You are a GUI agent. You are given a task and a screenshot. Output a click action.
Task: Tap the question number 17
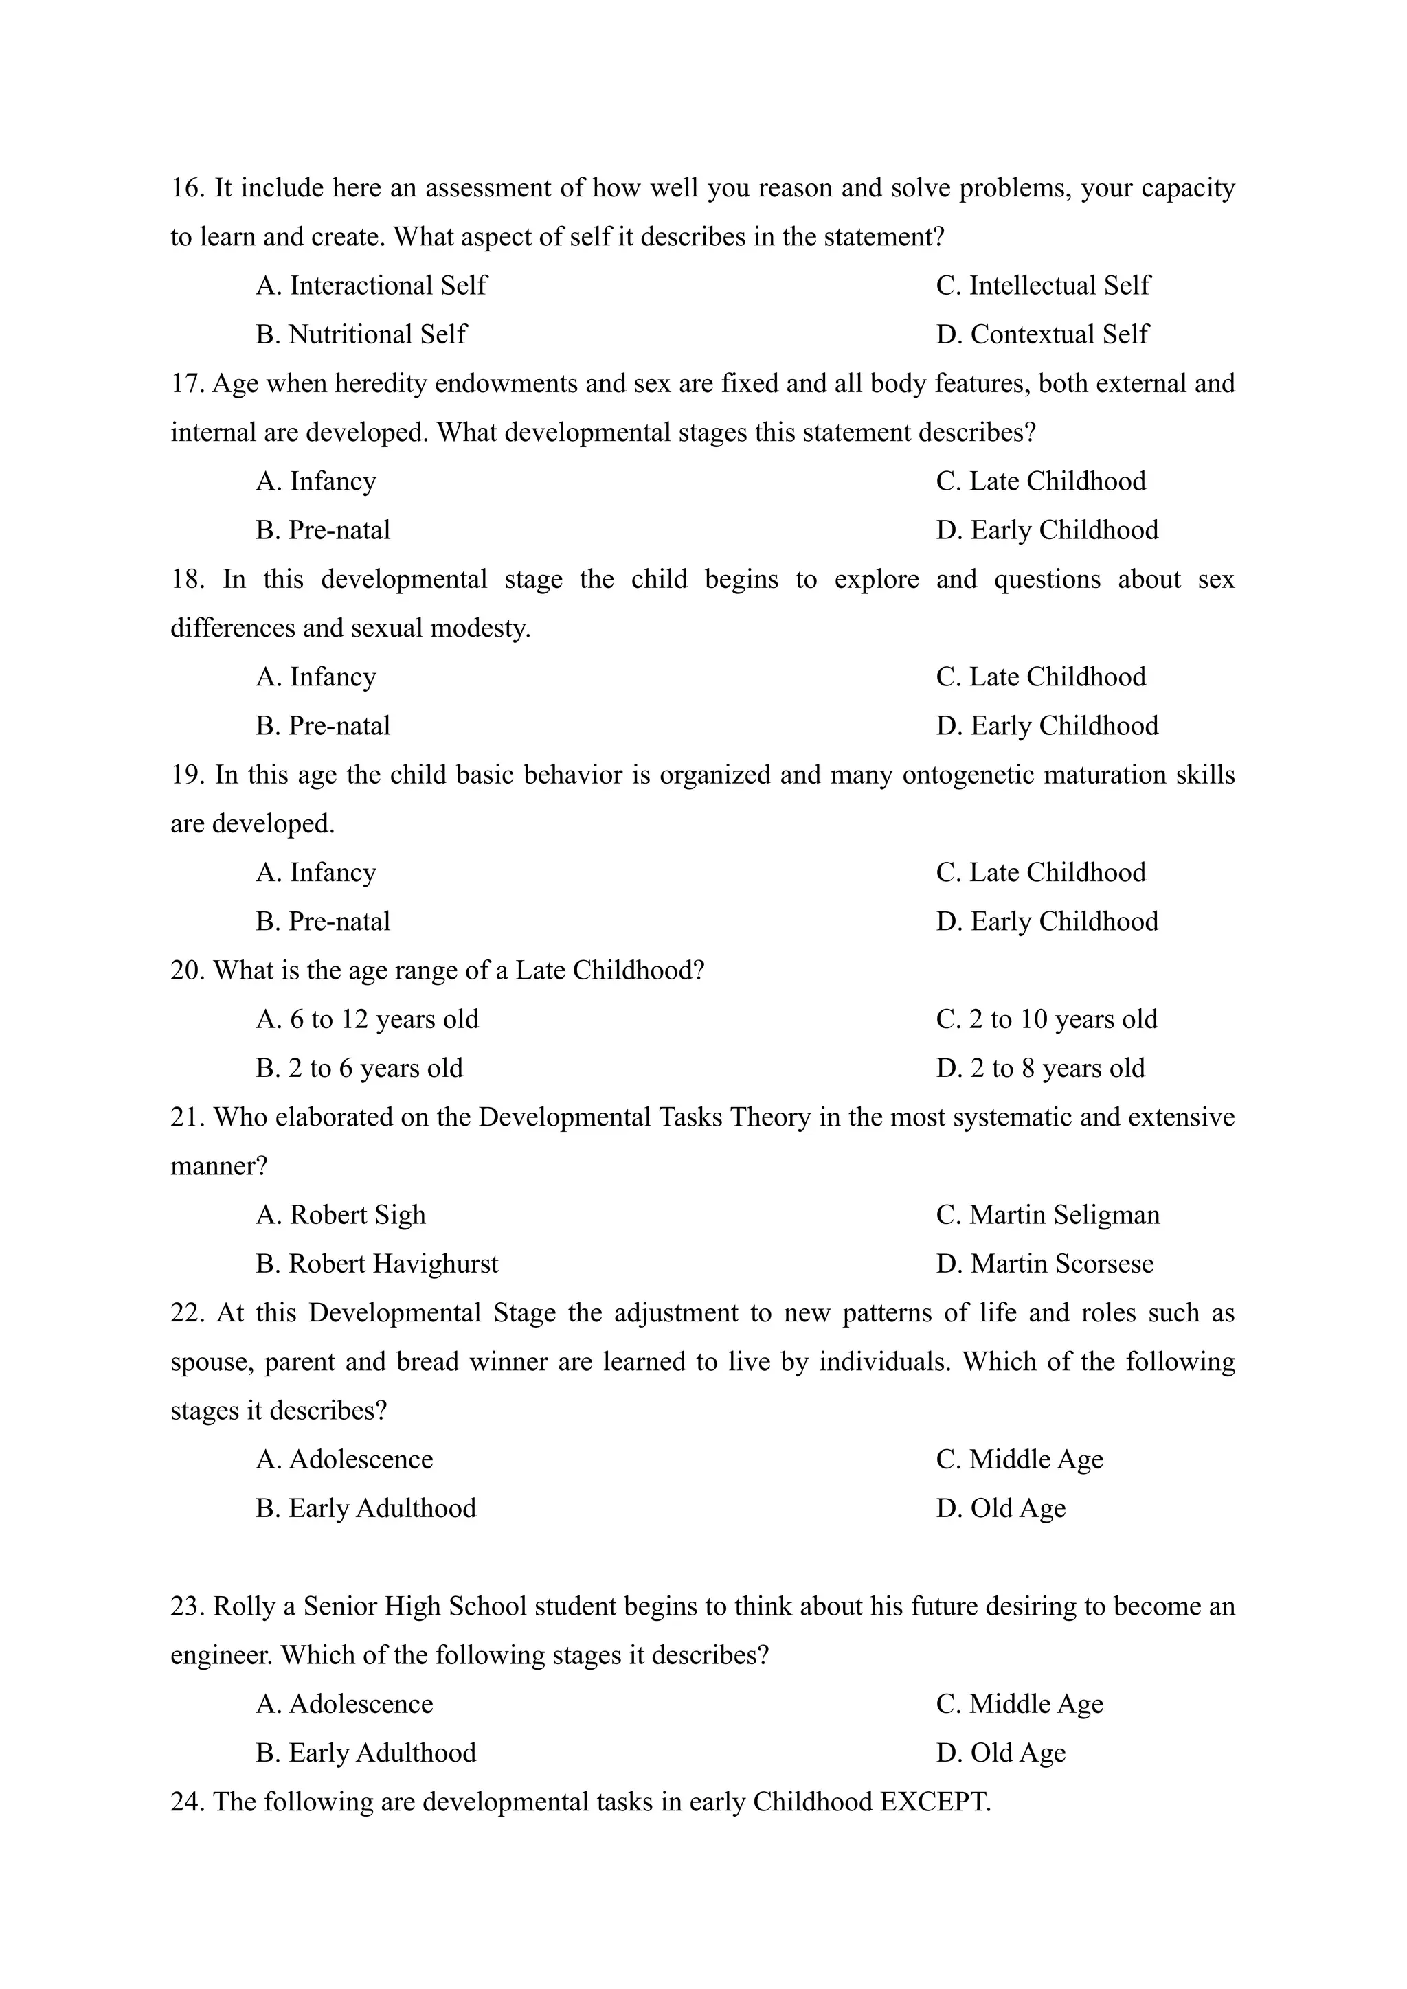point(187,383)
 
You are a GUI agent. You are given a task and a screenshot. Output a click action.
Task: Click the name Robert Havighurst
point(377,1264)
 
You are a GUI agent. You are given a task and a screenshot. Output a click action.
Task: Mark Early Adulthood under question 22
point(365,1508)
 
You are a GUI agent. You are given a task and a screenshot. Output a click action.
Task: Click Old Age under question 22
point(1001,1508)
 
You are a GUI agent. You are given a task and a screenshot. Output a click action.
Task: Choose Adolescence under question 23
point(344,1704)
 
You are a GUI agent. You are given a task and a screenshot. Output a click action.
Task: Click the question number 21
point(187,1117)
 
